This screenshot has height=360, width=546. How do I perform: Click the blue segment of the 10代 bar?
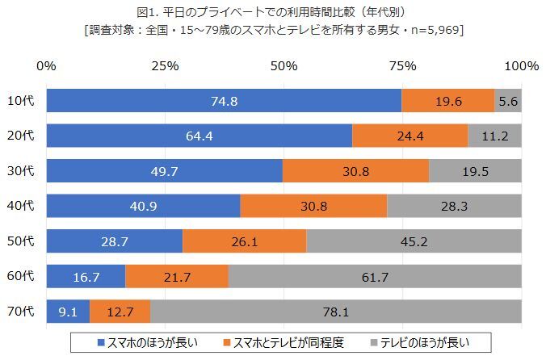tap(224, 100)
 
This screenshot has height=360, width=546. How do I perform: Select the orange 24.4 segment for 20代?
tap(409, 136)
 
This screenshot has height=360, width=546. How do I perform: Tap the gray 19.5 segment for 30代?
tap(475, 170)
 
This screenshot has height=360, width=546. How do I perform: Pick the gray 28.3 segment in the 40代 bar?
tap(454, 206)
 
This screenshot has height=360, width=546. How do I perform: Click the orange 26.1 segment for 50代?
tap(244, 241)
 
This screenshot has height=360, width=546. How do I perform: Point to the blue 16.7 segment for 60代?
tap(86, 276)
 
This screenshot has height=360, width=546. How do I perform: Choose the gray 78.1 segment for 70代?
tap(336, 311)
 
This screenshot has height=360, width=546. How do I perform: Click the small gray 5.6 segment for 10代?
tap(508, 100)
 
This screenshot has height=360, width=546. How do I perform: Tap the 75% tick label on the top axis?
tap(402, 65)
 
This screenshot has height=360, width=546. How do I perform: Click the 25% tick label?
tap(165, 65)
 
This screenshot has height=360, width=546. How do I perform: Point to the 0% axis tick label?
tap(46, 65)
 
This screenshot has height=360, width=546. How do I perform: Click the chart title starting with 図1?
tap(273, 11)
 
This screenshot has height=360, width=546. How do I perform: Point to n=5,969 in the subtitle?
tap(432, 30)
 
